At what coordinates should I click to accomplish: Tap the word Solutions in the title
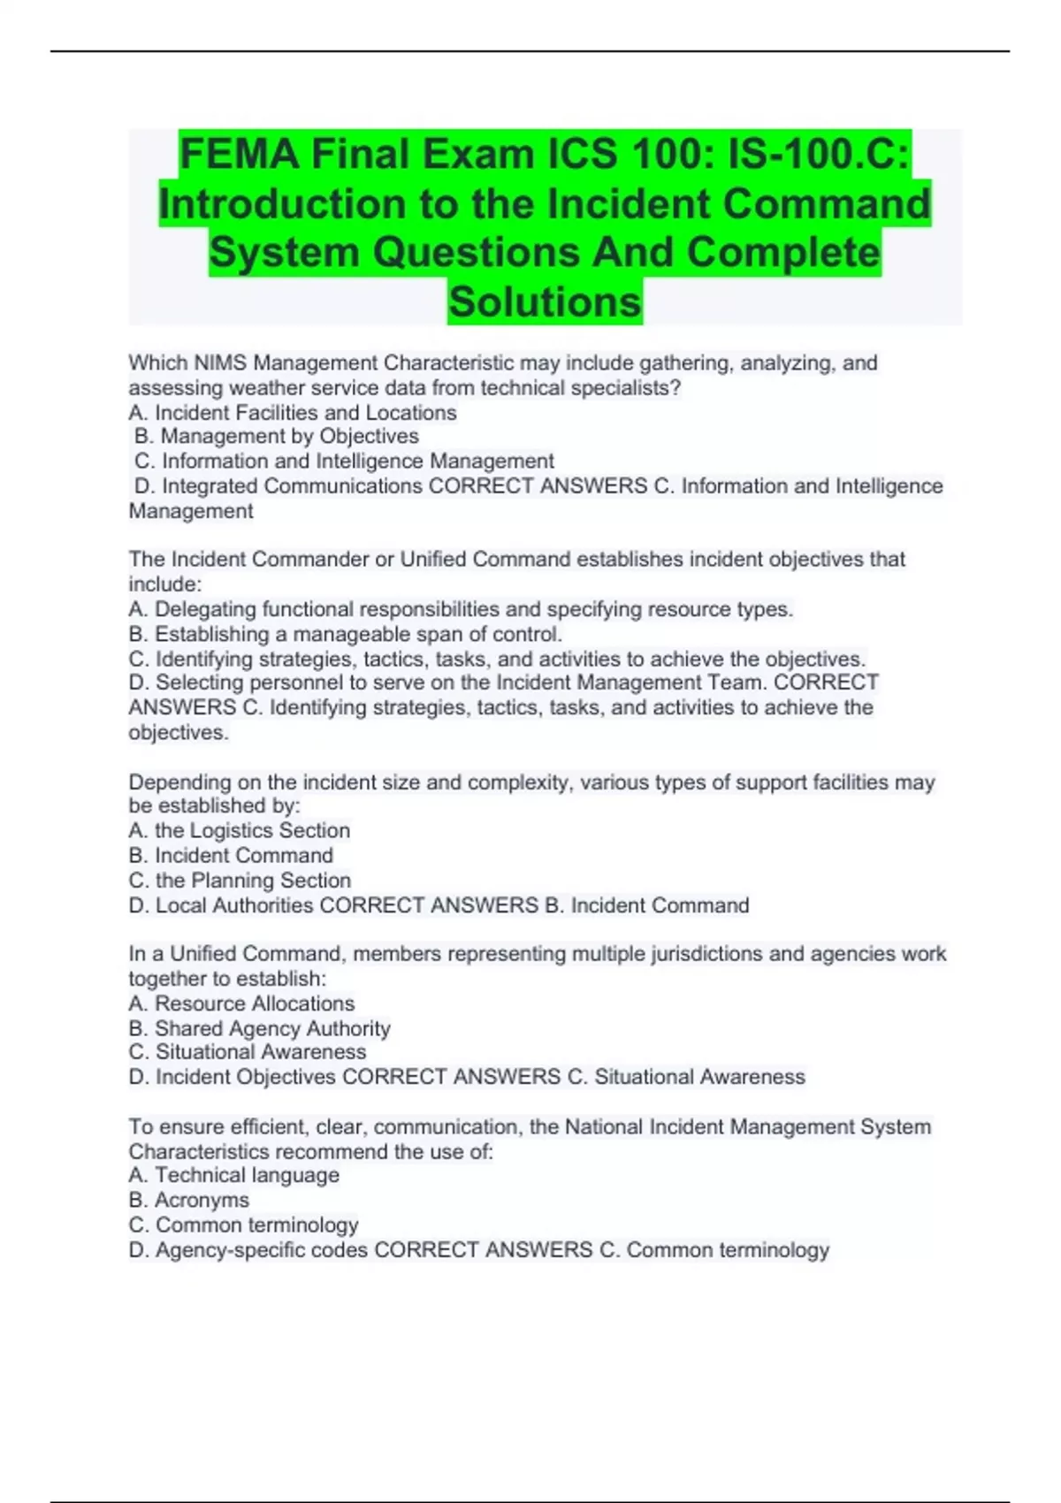(545, 301)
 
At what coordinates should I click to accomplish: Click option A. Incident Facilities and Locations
(293, 413)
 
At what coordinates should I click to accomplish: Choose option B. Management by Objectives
(277, 437)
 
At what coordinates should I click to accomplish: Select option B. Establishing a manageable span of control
(346, 634)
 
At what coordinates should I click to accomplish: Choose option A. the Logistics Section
(240, 831)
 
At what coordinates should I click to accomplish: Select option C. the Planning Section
(240, 881)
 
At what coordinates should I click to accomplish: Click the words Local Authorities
(234, 905)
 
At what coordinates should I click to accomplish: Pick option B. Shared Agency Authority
(259, 1028)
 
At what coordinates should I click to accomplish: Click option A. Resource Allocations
(241, 1003)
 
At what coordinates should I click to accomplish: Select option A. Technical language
(234, 1175)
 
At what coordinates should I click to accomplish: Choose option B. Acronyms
(189, 1200)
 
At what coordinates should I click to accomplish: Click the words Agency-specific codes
(262, 1250)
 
